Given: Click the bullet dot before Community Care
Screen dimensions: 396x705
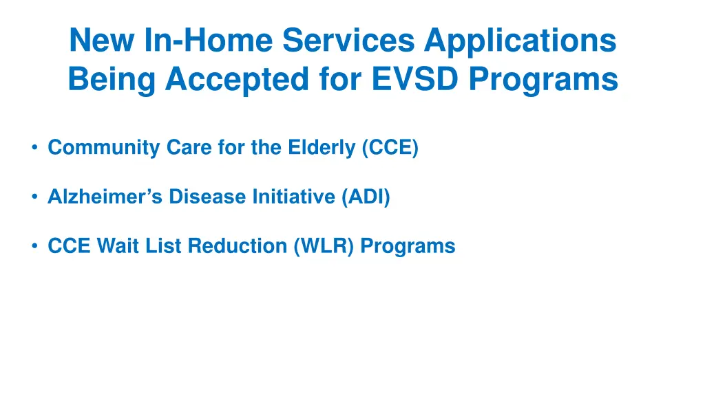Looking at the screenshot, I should (34, 148).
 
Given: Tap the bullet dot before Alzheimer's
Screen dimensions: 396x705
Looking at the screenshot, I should (34, 197).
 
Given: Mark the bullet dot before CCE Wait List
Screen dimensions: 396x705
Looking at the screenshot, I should (34, 246).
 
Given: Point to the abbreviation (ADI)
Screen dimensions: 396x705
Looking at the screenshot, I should (366, 197).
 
